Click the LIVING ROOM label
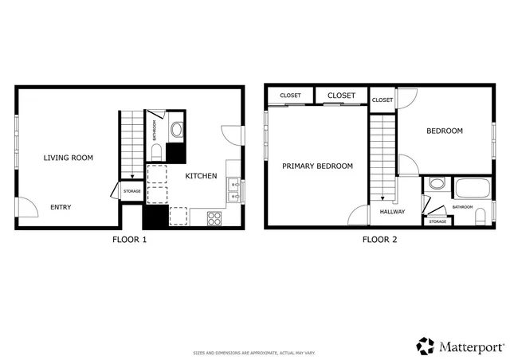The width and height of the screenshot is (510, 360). (x=68, y=158)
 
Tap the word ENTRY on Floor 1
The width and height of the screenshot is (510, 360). (x=61, y=207)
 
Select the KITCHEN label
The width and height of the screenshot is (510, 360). (x=201, y=176)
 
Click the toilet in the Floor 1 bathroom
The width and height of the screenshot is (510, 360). (x=156, y=152)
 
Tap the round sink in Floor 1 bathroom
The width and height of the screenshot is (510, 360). (x=176, y=129)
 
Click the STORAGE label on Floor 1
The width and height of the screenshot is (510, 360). (x=131, y=191)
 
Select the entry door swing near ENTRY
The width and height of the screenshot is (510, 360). (x=27, y=206)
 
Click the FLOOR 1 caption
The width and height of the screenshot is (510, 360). (x=130, y=239)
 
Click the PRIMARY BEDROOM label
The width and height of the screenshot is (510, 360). (x=318, y=166)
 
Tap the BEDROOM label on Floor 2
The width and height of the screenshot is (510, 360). (x=444, y=131)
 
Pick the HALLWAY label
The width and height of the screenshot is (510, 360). (x=392, y=212)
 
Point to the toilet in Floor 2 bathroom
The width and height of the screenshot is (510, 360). (x=481, y=217)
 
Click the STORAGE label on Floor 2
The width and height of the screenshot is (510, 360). (x=437, y=221)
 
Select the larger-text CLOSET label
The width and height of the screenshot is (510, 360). (x=341, y=96)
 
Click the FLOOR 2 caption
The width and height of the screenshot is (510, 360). (x=380, y=239)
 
